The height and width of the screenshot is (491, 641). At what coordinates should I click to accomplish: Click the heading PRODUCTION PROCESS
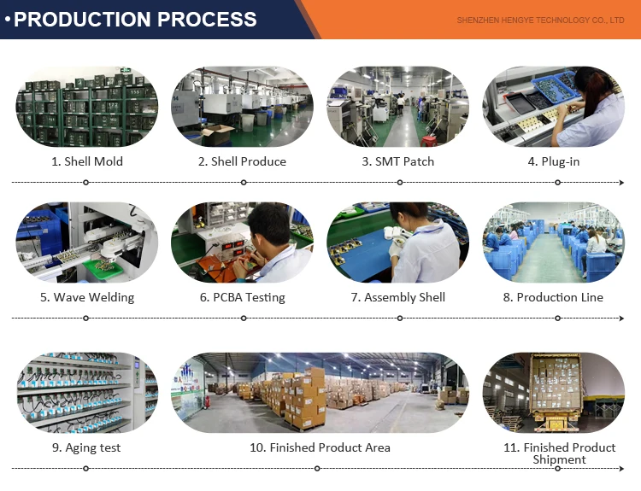pos(135,19)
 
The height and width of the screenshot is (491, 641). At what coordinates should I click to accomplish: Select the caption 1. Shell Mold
pos(86,161)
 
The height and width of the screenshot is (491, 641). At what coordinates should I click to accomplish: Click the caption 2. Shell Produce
pos(242,161)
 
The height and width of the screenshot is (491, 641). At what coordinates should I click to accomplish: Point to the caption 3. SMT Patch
pos(397,161)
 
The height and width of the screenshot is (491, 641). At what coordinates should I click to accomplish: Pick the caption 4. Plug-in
pos(553,161)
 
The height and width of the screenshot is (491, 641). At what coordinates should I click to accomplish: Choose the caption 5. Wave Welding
pos(86,297)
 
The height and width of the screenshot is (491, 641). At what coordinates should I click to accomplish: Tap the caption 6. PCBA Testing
pos(242,297)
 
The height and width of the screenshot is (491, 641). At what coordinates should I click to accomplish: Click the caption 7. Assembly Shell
pos(397,297)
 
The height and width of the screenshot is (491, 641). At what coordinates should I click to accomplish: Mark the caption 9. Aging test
pos(86,447)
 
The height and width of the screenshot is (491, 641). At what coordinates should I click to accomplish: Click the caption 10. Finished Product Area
pos(320,447)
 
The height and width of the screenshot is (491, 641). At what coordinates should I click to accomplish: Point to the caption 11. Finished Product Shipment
pos(559,453)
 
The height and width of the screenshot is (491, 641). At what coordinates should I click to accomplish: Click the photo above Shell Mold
pos(86,107)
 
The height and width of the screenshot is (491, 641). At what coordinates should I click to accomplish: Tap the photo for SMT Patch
pos(397,107)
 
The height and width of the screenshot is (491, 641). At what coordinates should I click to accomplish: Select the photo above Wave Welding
pos(86,243)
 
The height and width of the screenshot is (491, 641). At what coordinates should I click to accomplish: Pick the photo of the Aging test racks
pos(86,393)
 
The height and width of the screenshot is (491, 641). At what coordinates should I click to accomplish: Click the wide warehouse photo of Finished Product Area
pos(320,393)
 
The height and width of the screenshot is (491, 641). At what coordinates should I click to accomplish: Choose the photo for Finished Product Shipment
pos(553,393)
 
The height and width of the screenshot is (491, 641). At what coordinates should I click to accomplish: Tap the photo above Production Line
pos(553,243)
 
